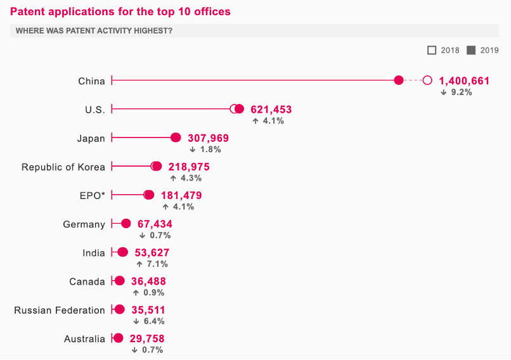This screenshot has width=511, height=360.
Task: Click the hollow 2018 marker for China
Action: [427, 80]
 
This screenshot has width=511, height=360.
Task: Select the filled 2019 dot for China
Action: [399, 80]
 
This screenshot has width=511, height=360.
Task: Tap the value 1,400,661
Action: [464, 80]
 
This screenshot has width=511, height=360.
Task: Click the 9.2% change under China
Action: [456, 92]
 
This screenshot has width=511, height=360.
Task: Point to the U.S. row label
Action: [95, 110]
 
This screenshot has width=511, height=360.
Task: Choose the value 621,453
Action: [271, 109]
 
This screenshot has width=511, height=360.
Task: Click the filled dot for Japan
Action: [176, 138]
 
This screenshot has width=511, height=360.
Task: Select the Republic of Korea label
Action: [63, 167]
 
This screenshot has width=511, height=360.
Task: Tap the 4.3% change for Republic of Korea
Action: [185, 178]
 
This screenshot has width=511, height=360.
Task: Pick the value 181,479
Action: [181, 195]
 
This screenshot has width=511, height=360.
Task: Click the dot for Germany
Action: [126, 223]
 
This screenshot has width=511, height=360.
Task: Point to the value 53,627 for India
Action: [152, 252]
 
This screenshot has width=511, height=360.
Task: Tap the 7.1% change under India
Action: [152, 264]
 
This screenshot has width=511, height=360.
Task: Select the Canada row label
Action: [87, 281]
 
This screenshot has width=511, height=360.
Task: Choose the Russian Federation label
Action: [60, 310]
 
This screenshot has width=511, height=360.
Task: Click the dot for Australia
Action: [118, 338]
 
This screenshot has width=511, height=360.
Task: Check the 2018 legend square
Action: [432, 50]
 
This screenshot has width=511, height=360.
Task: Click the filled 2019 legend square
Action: [471, 50]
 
